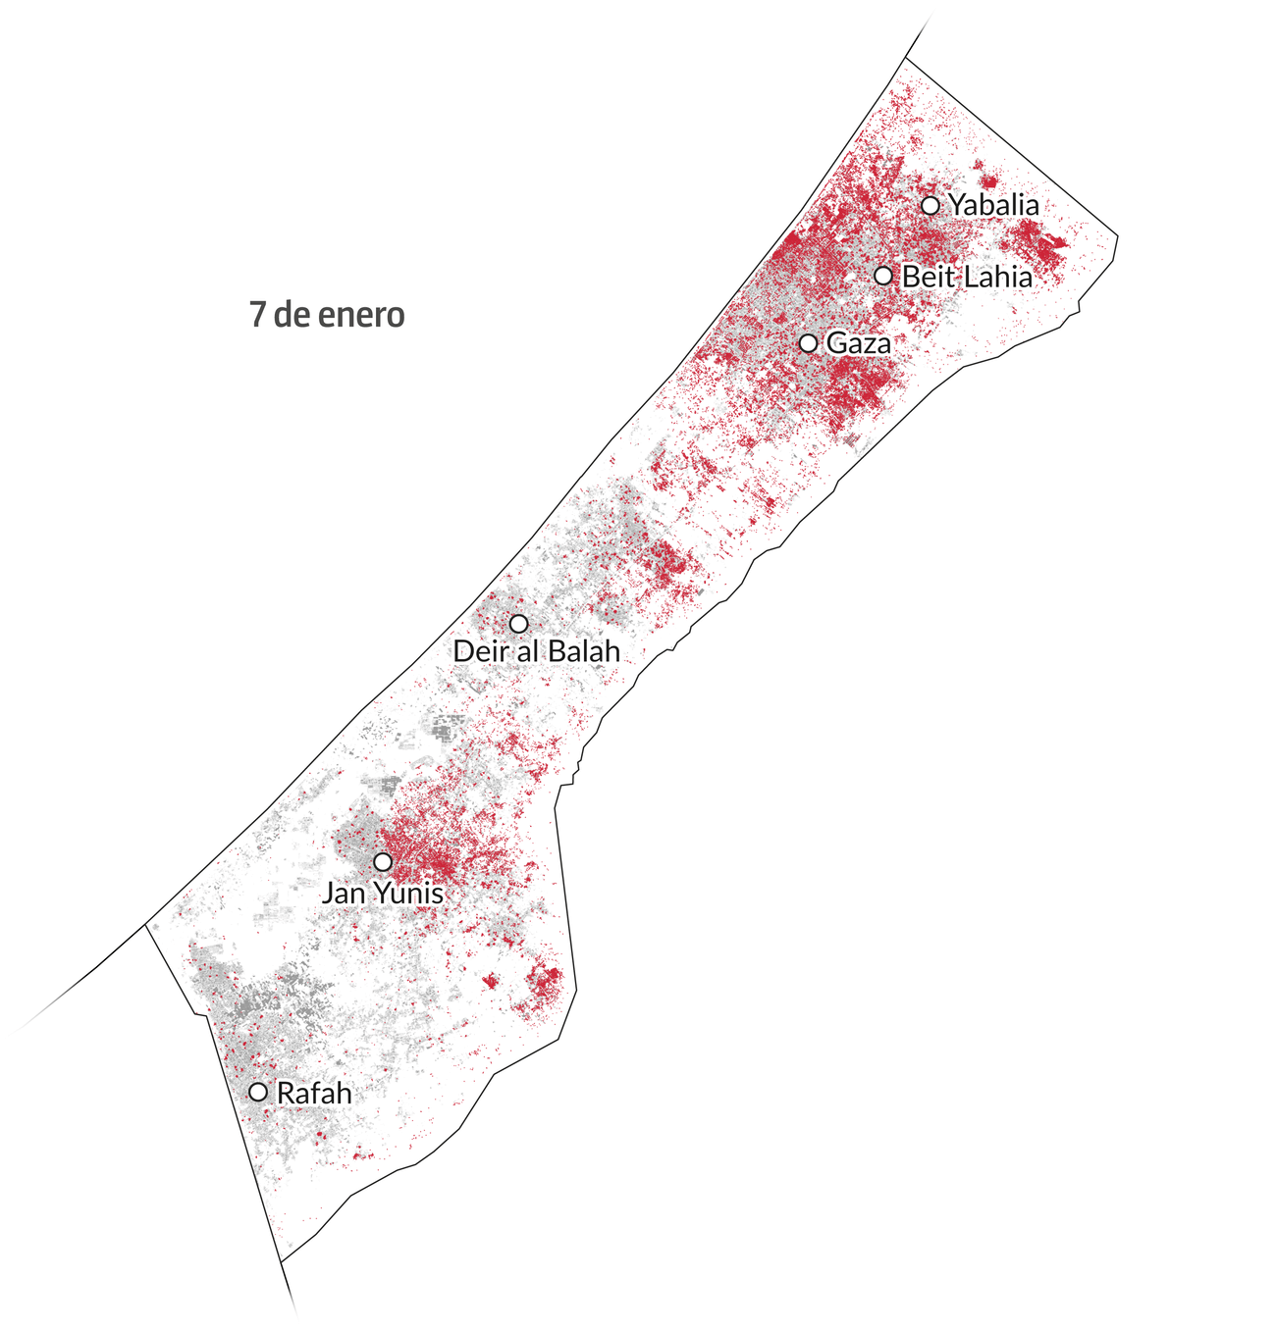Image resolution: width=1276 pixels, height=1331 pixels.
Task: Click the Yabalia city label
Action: pyautogui.click(x=993, y=206)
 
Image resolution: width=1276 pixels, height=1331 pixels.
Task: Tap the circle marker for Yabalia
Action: pyautogui.click(x=930, y=205)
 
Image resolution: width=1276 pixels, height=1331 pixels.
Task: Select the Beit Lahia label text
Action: pyautogui.click(x=967, y=277)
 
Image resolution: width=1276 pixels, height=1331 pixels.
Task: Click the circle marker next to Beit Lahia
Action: pyautogui.click(x=883, y=276)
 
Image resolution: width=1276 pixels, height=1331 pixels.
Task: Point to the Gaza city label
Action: pyautogui.click(x=859, y=343)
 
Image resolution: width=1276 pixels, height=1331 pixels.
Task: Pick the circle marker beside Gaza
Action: pyautogui.click(x=808, y=343)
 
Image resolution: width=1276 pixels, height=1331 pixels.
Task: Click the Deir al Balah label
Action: pyautogui.click(x=537, y=650)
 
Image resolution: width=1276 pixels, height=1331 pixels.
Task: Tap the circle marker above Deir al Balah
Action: pyautogui.click(x=518, y=624)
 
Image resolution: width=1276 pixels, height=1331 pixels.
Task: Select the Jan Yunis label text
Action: pyautogui.click(x=383, y=894)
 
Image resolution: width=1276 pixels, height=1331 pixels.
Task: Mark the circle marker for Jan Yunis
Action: pyautogui.click(x=383, y=862)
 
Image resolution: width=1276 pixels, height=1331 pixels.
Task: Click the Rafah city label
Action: pyautogui.click(x=314, y=1094)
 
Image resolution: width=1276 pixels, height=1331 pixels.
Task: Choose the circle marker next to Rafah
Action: pyautogui.click(x=258, y=1092)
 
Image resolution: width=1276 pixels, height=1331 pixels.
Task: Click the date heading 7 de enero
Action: pyautogui.click(x=327, y=315)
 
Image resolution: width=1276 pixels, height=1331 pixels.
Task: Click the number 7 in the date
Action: pyautogui.click(x=257, y=315)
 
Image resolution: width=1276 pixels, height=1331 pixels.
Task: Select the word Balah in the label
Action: pyautogui.click(x=584, y=650)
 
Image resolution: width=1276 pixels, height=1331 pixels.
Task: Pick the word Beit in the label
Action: pyautogui.click(x=927, y=277)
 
